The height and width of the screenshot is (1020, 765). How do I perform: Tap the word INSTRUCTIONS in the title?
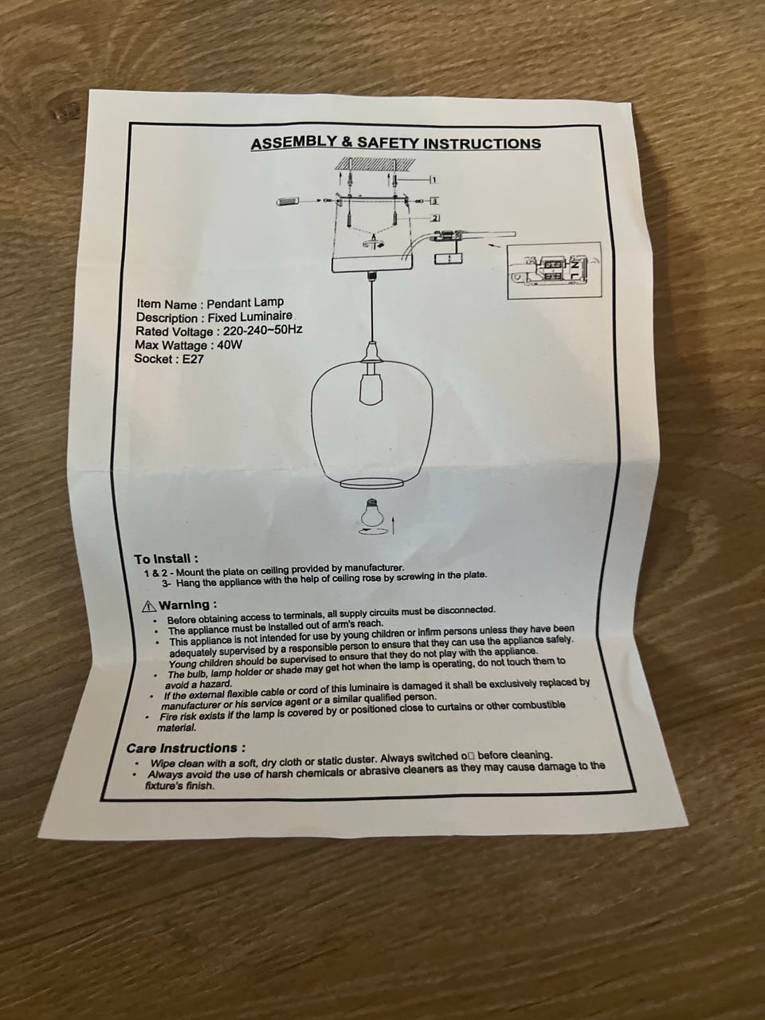pyautogui.click(x=483, y=143)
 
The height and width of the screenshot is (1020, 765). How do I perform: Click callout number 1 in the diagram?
pyautogui.click(x=433, y=180)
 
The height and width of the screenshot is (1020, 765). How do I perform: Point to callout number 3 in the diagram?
pyautogui.click(x=433, y=202)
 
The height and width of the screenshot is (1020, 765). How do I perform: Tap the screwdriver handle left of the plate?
pyautogui.click(x=289, y=202)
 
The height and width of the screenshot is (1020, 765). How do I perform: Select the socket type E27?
pyautogui.click(x=193, y=359)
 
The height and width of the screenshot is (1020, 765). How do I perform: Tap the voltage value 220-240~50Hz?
pyautogui.click(x=262, y=331)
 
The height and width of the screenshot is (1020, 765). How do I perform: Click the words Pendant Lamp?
pyautogui.click(x=245, y=304)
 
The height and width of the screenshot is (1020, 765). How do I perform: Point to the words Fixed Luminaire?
pyautogui.click(x=250, y=317)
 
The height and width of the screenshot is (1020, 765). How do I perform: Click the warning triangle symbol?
pyautogui.click(x=149, y=606)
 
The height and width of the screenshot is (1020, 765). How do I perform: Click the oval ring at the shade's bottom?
pyautogui.click(x=371, y=483)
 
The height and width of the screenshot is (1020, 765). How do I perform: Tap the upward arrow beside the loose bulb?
pyautogui.click(x=394, y=524)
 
